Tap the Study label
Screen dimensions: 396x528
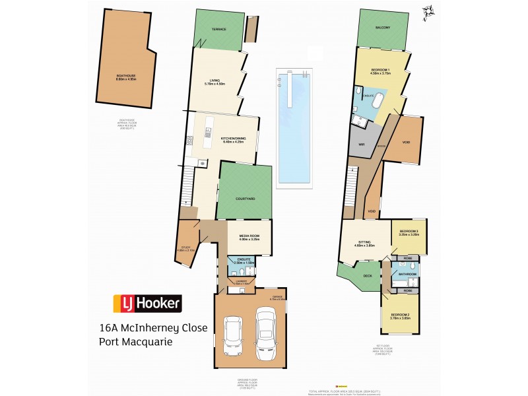[183, 249]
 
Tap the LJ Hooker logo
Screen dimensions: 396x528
[148, 303]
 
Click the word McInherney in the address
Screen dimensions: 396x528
[170, 328]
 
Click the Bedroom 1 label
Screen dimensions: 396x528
[381, 71]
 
